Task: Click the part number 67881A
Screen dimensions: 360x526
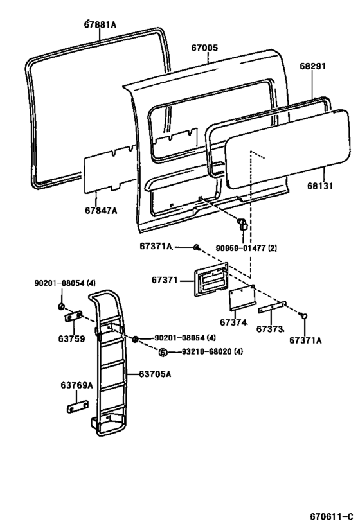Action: [x=100, y=24]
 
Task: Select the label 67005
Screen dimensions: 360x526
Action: [x=204, y=48]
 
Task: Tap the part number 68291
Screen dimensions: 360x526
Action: [x=312, y=66]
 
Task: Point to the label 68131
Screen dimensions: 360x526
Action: [x=320, y=186]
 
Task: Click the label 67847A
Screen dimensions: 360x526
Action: [x=101, y=210]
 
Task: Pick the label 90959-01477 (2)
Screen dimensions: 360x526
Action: [x=246, y=249]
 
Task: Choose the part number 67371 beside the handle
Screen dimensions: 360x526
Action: [x=164, y=280]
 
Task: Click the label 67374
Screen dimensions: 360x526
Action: [x=233, y=322]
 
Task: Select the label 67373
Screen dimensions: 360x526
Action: [x=269, y=329]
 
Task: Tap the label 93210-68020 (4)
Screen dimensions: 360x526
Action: [x=212, y=351]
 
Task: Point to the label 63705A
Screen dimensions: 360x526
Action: [x=155, y=374]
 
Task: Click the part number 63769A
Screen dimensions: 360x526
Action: [x=76, y=385]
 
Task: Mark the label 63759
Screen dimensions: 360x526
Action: [x=71, y=339]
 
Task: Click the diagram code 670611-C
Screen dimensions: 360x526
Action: [x=332, y=516]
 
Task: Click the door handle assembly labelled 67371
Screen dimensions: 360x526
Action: [x=211, y=279]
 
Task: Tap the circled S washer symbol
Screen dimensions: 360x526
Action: [x=163, y=352]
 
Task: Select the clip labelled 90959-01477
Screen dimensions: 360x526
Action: [x=242, y=224]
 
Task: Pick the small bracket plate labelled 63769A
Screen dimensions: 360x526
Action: [x=77, y=407]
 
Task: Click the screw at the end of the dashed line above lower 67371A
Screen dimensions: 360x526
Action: [x=303, y=316]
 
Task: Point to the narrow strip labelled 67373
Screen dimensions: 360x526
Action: [x=272, y=307]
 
